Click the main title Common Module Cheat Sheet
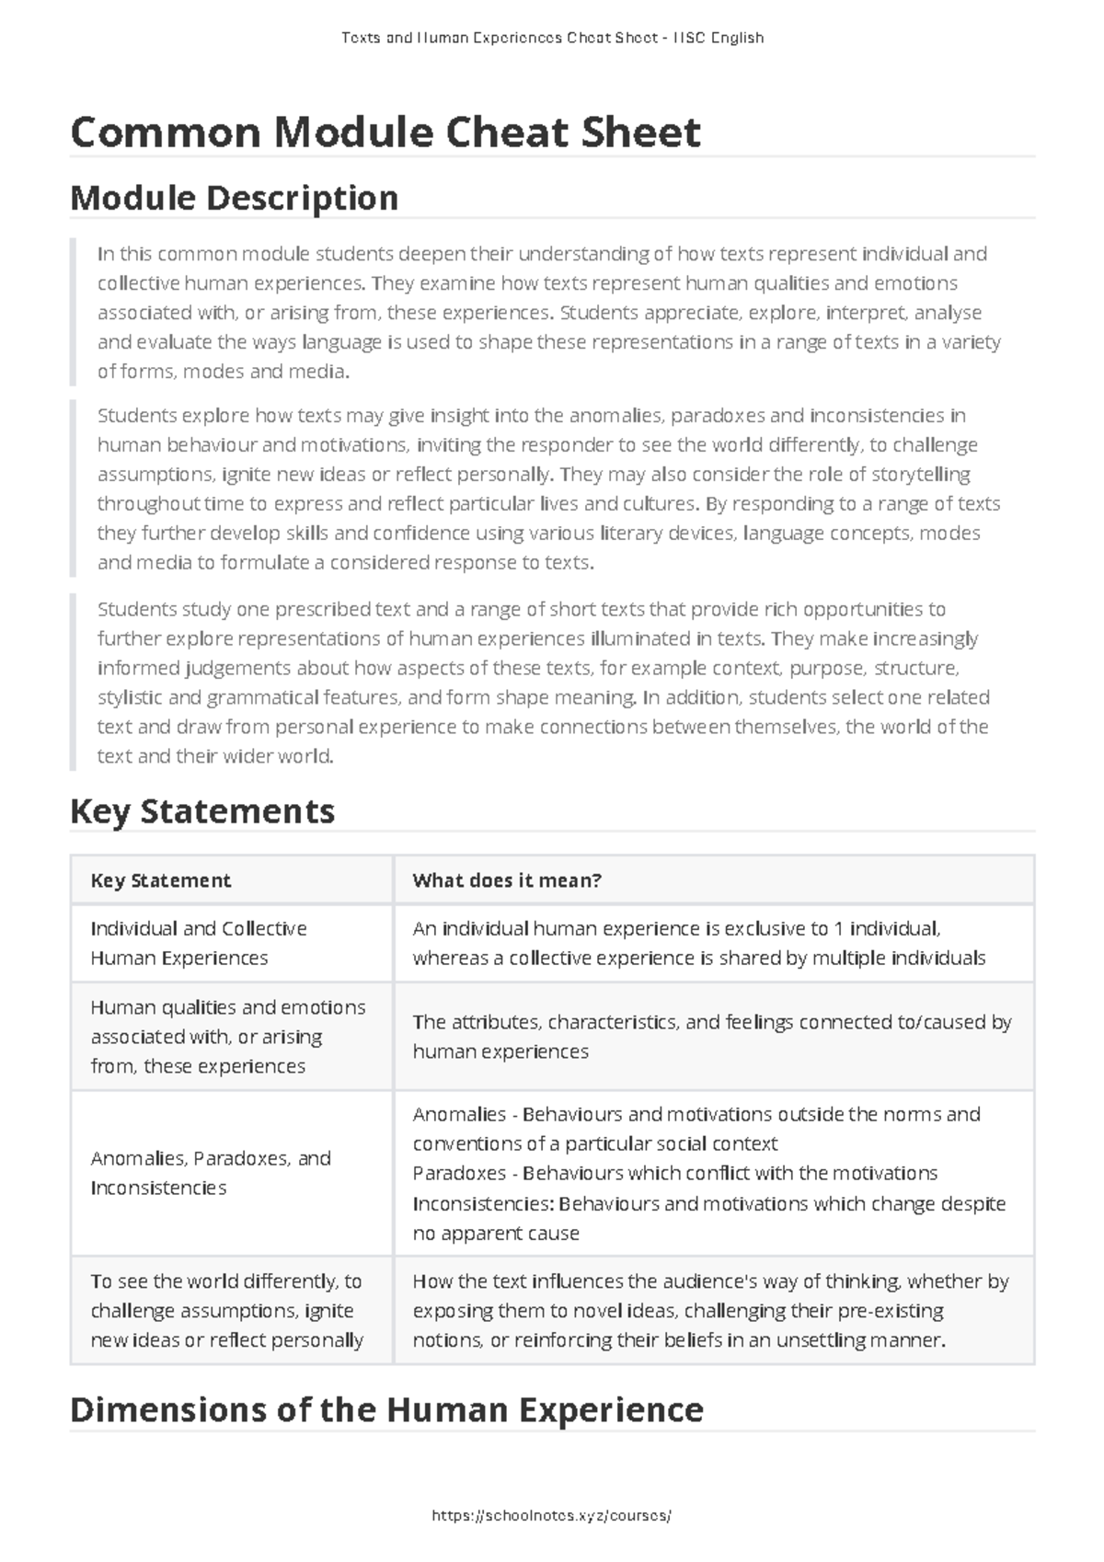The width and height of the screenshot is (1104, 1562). pos(385,132)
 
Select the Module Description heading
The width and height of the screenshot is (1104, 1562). pos(234,198)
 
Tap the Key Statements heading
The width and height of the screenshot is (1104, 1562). pos(202,811)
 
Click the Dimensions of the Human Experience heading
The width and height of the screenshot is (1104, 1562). pos(386,1409)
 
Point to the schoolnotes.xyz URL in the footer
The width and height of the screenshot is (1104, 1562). pos(551,1516)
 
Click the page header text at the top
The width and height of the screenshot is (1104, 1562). pos(552,38)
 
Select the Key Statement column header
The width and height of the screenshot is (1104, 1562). pos(161,880)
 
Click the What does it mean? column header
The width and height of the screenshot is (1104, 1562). pos(507,880)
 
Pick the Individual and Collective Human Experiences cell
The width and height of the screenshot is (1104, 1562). pos(199,943)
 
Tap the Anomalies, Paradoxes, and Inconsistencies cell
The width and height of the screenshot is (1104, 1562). pos(211,1173)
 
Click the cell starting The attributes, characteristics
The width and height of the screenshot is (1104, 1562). pos(712,1037)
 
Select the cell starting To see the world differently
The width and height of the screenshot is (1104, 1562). pos(226,1310)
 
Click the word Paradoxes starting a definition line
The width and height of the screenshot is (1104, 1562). pos(459,1174)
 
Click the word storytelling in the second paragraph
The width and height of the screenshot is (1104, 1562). pos(921,475)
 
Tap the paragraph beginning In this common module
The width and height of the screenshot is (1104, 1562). pos(548,313)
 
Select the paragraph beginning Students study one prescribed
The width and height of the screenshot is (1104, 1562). pos(543,683)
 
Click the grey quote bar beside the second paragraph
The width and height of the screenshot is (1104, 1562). pos(73,488)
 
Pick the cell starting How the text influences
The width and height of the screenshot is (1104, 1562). pos(710,1310)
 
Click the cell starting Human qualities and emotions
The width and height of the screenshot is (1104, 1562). pos(227,1037)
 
